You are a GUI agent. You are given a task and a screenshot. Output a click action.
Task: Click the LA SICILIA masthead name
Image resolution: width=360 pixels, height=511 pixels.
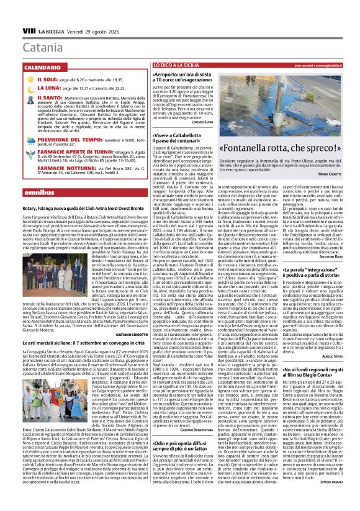[49, 30]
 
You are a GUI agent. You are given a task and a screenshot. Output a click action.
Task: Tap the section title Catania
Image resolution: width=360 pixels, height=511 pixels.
[42, 47]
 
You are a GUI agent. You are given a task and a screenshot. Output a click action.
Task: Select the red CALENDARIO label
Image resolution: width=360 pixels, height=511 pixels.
[43, 66]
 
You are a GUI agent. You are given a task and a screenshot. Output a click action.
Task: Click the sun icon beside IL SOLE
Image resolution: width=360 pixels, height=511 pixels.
[31, 80]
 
